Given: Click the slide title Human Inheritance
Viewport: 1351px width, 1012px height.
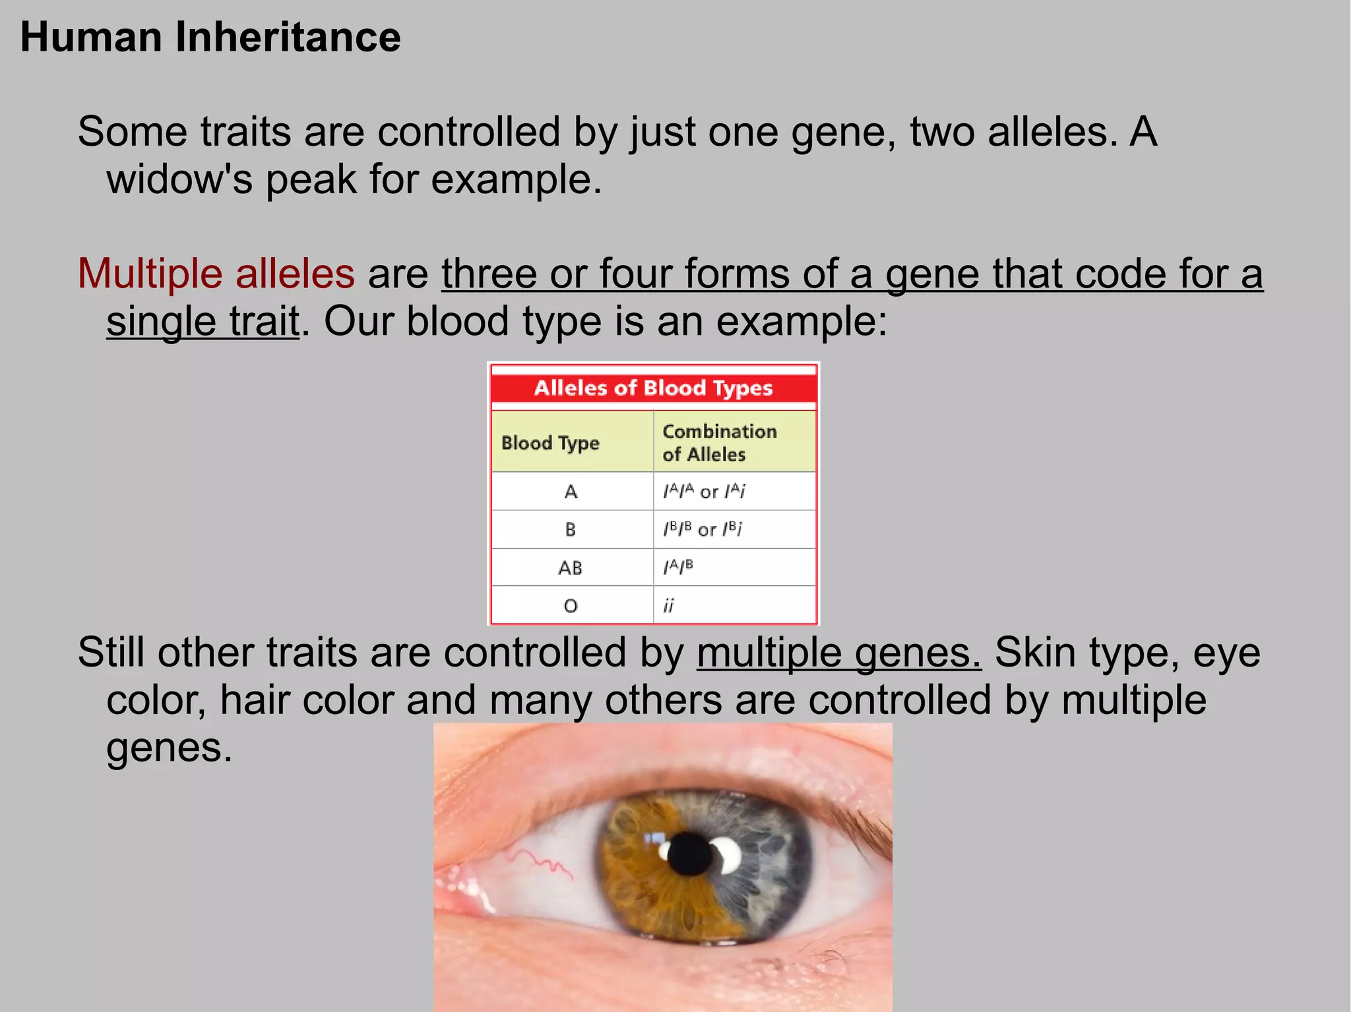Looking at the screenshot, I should click(210, 37).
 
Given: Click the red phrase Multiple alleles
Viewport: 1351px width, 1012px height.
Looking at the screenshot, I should click(216, 274).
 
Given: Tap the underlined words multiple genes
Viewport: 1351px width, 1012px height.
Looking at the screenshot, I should click(838, 653).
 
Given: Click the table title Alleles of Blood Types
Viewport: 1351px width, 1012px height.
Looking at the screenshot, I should click(653, 388).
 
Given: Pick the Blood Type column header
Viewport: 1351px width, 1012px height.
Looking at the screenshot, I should click(550, 442).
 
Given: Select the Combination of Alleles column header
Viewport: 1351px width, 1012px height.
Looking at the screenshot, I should click(719, 442).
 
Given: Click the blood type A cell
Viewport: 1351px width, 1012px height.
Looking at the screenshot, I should click(571, 492).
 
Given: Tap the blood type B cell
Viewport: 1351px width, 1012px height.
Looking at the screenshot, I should click(571, 529).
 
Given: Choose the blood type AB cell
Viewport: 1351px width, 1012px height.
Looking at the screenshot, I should click(571, 568).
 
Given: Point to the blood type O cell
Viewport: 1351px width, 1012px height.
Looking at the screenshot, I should click(571, 605).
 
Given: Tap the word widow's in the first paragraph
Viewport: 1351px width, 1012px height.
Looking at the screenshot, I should click(179, 179).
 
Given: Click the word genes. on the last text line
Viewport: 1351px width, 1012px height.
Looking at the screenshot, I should click(170, 748).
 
